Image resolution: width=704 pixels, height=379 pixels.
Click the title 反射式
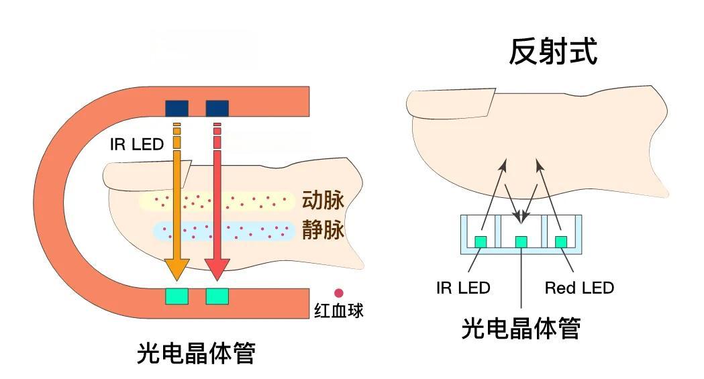tap(552, 52)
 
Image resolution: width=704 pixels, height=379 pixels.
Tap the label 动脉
tap(322, 200)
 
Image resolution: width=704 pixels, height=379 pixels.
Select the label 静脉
tap(322, 230)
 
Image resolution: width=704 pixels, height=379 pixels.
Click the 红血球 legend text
tap(339, 311)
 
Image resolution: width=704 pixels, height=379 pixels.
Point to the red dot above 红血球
tap(339, 293)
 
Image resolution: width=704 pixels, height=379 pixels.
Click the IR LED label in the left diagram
tap(136, 144)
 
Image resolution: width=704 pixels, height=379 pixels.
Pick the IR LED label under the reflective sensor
tap(463, 288)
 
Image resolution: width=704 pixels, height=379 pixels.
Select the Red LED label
tap(579, 288)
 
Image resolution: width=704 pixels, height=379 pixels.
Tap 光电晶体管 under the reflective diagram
tap(521, 328)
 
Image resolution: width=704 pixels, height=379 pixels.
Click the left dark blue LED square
tap(177, 108)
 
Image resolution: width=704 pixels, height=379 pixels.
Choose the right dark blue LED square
tap(217, 108)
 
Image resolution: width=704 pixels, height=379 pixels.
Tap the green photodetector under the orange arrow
tap(177, 296)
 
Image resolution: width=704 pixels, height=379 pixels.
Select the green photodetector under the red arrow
tap(217, 296)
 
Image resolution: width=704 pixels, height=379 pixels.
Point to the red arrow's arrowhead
tap(217, 270)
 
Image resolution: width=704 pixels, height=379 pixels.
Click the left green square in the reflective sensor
tap(481, 241)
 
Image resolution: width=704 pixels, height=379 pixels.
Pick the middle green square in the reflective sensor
tap(521, 241)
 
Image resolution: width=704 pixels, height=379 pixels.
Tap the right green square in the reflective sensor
tap(561, 241)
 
